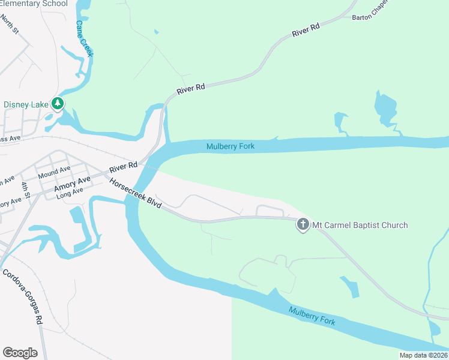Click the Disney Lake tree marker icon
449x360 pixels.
58,103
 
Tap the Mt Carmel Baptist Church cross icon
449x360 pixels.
303,225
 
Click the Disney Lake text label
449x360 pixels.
26,104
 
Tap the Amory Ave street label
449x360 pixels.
72,184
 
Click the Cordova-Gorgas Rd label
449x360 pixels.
23,296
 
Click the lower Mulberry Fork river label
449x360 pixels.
312,316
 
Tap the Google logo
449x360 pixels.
20,353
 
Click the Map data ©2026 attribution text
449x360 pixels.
423,355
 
